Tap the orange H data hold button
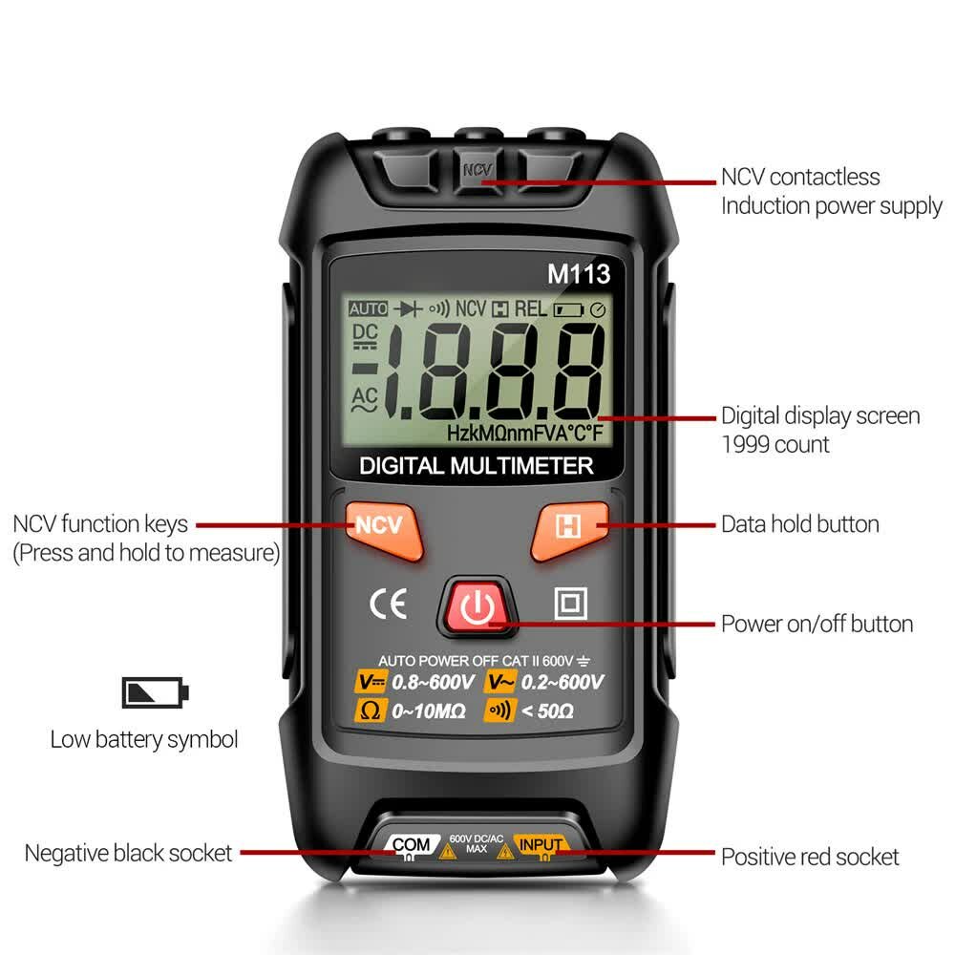(570, 527)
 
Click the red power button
(476, 606)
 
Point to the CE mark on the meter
(388, 605)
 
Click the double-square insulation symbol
(570, 604)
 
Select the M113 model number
(578, 274)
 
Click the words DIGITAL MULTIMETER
(477, 466)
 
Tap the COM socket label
(412, 844)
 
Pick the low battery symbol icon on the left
(156, 692)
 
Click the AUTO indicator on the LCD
(368, 309)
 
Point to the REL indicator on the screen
(531, 309)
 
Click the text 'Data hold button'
(799, 524)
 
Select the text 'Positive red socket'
(810, 857)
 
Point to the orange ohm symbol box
(368, 711)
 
